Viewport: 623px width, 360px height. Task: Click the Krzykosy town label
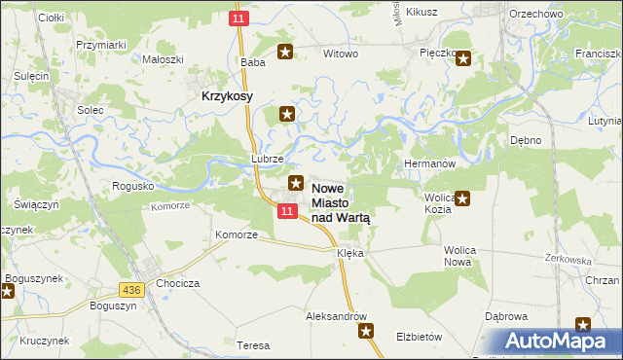(227, 96)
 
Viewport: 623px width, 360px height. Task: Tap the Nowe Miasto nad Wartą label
(341, 202)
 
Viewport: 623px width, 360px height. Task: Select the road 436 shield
(133, 290)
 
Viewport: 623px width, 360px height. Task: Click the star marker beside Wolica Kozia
(463, 199)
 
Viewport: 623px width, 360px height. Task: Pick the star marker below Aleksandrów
(367, 332)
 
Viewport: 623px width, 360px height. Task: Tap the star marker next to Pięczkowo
(463, 58)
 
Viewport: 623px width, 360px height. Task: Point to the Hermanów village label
(429, 164)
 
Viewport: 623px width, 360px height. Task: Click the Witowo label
(341, 54)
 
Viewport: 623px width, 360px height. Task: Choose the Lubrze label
(267, 159)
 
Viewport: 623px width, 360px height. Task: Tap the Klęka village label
(349, 253)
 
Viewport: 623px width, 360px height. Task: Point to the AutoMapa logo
(550, 342)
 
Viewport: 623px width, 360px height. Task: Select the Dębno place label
(526, 140)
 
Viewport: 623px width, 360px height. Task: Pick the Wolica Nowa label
(459, 256)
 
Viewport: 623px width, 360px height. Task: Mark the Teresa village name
(253, 345)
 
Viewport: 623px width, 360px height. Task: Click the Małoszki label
(164, 58)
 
